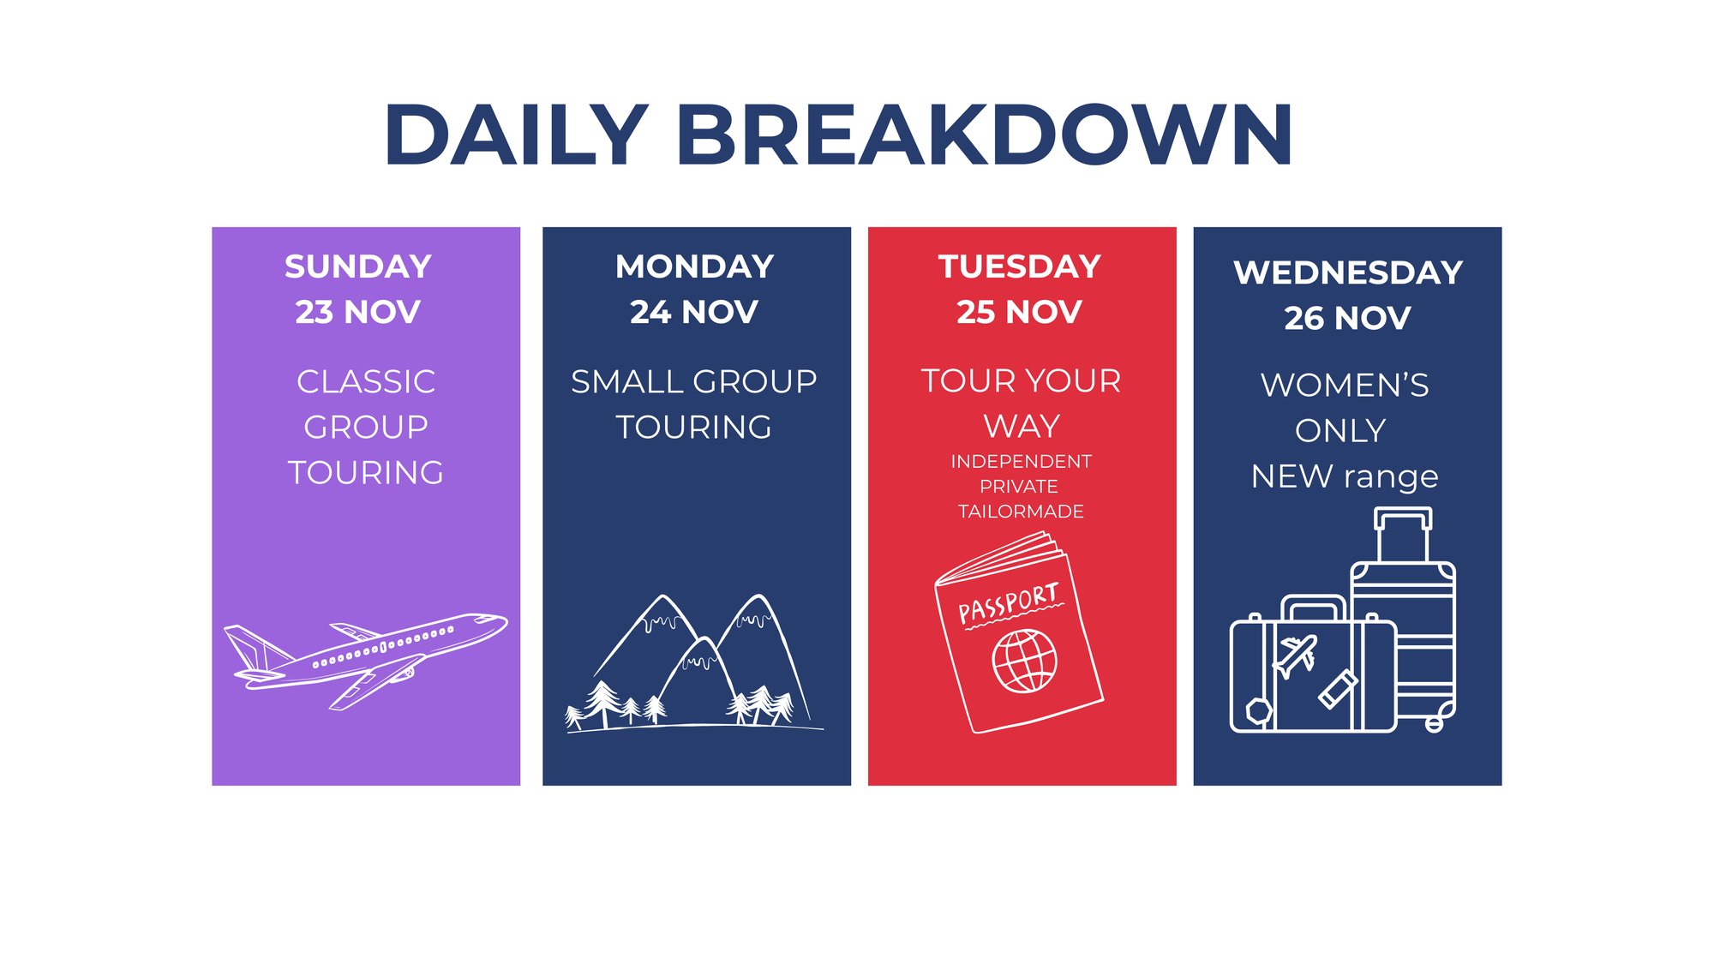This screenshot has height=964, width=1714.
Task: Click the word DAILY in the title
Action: [516, 135]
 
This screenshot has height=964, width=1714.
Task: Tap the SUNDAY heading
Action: [358, 266]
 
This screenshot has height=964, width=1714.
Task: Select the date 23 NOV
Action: [358, 312]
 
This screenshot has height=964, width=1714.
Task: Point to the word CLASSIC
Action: [366, 381]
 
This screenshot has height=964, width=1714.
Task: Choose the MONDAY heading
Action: [695, 266]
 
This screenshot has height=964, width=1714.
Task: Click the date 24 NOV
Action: [694, 312]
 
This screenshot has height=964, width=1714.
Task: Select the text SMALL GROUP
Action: [694, 381]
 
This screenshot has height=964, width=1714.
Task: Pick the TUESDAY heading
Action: [1020, 266]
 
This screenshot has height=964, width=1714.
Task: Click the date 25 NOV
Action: [1020, 312]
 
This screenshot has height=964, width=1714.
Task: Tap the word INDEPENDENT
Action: [1021, 461]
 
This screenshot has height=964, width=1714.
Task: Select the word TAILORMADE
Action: [1021, 512]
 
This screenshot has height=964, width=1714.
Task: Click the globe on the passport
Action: [1024, 661]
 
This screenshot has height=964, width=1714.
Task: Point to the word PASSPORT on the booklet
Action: [1009, 603]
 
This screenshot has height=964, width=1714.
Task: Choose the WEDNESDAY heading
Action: [1348, 272]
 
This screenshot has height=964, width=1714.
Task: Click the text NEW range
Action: [1345, 476]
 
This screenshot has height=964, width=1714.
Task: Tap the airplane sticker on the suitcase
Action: [1296, 656]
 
